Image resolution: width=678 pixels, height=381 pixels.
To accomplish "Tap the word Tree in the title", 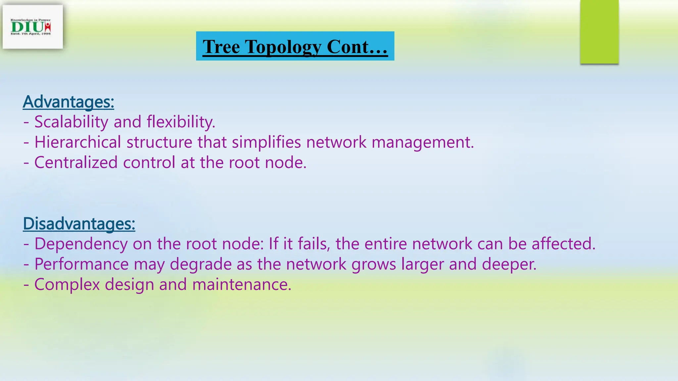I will click(221, 47).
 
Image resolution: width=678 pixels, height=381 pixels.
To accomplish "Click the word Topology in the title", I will click(283, 47).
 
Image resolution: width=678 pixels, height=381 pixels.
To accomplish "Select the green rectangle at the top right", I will click(599, 32).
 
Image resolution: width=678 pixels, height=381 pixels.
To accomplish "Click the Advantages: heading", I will click(69, 102).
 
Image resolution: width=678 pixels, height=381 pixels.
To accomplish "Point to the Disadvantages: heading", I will click(79, 224).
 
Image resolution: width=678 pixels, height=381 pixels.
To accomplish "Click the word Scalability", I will click(71, 122).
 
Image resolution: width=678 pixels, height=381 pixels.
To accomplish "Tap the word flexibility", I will click(181, 122).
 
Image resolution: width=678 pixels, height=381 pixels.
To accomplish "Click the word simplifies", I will click(266, 142).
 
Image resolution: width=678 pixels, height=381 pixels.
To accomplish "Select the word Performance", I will click(81, 264).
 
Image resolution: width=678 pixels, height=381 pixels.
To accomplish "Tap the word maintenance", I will click(241, 284).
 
